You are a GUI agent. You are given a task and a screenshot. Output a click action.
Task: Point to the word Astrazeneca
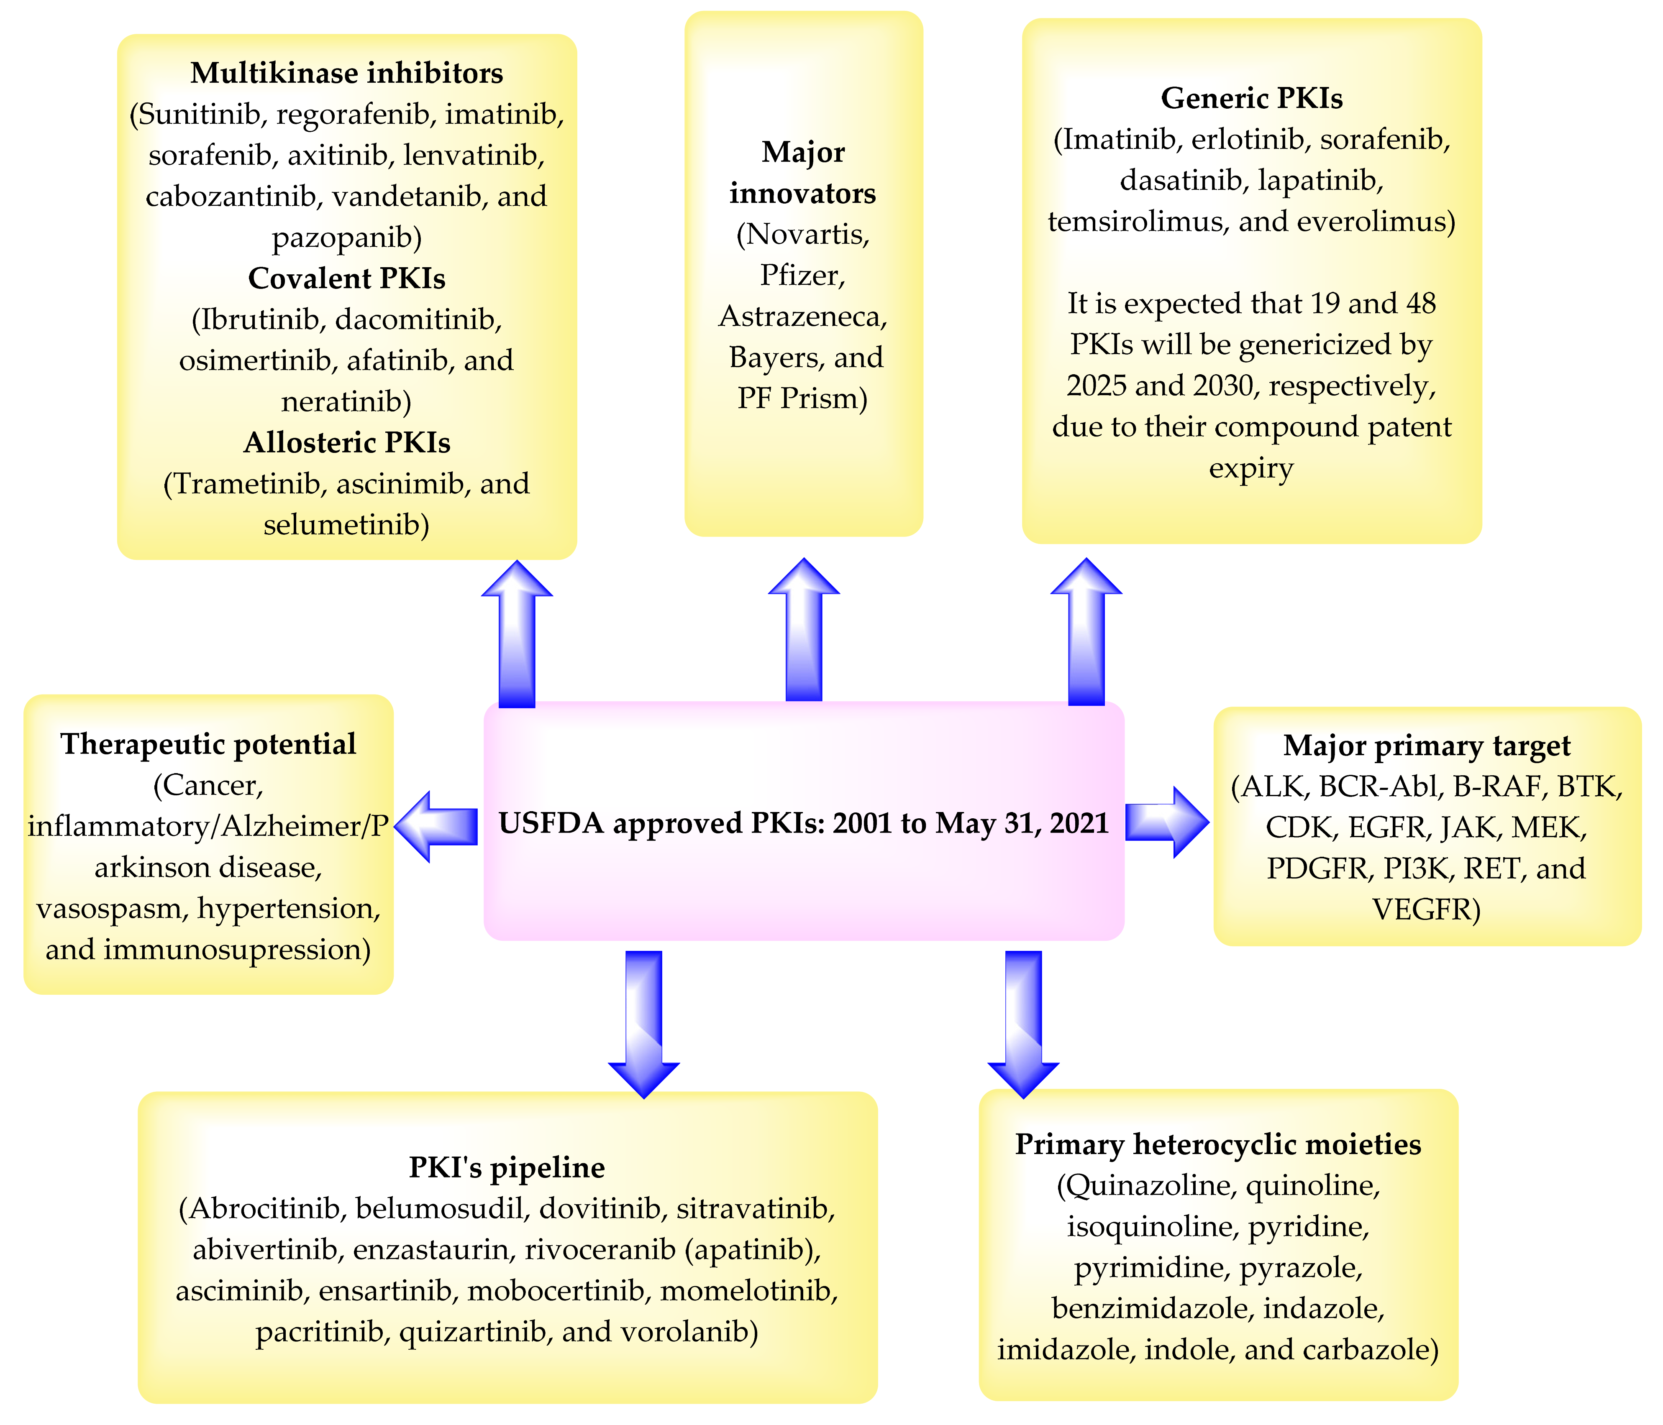(x=802, y=316)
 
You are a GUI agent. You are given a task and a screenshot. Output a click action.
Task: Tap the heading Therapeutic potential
(x=208, y=744)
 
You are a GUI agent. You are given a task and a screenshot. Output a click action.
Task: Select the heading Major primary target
(x=1426, y=746)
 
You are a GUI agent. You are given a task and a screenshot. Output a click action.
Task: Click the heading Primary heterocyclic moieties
(x=1217, y=1144)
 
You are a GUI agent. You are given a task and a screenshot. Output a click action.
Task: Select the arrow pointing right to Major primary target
(x=1166, y=822)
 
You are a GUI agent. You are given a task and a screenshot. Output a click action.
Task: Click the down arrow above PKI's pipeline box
(x=644, y=1023)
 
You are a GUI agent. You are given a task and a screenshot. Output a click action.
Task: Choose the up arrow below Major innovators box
(x=803, y=630)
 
